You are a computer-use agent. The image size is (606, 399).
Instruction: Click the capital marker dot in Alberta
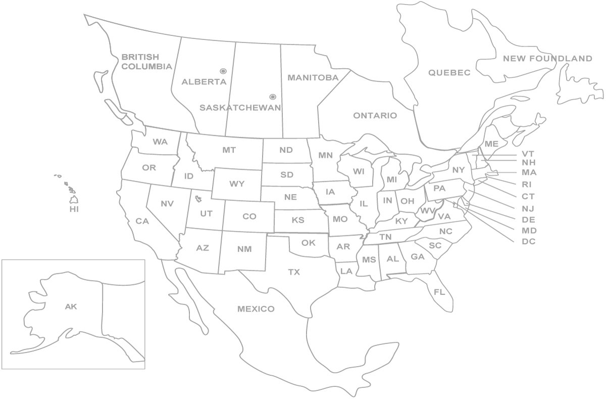pyautogui.click(x=223, y=72)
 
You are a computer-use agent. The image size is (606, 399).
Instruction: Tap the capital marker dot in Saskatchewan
pyautogui.click(x=273, y=96)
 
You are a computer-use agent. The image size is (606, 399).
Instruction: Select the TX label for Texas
pyautogui.click(x=294, y=272)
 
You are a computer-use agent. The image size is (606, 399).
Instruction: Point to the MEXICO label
pyautogui.click(x=256, y=309)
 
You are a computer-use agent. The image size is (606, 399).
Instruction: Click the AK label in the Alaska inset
pyautogui.click(x=71, y=306)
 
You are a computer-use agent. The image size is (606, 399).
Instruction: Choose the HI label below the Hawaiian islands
pyautogui.click(x=74, y=209)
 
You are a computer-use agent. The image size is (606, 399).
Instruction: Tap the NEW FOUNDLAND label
pyautogui.click(x=547, y=59)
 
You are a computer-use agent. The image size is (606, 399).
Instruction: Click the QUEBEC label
pyautogui.click(x=449, y=73)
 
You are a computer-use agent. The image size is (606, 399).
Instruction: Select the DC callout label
pyautogui.click(x=529, y=241)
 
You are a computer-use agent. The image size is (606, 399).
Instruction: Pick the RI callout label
pyautogui.click(x=527, y=184)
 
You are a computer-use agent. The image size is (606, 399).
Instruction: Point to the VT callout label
pyautogui.click(x=528, y=154)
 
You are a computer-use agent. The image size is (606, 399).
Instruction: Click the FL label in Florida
pyautogui.click(x=439, y=291)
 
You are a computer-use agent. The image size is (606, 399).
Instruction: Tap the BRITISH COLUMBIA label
pyautogui.click(x=146, y=62)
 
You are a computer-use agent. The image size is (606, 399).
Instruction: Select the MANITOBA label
pyautogui.click(x=313, y=78)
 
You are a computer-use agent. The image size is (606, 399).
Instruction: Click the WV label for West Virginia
pyautogui.click(x=428, y=211)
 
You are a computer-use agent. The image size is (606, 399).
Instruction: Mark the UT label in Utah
pyautogui.click(x=206, y=214)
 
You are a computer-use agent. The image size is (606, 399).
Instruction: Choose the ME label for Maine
pyautogui.click(x=491, y=144)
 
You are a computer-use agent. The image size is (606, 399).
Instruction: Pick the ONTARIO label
pyautogui.click(x=375, y=116)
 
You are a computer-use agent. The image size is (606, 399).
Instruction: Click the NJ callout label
pyautogui.click(x=528, y=208)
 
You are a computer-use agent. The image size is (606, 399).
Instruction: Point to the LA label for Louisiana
pyautogui.click(x=346, y=271)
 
